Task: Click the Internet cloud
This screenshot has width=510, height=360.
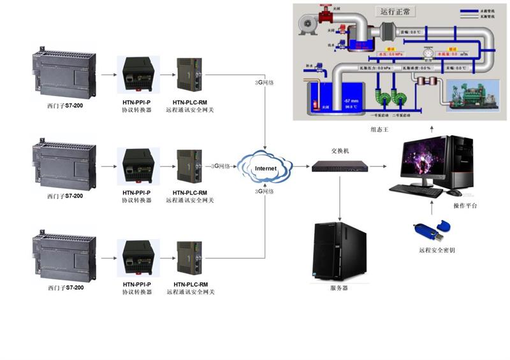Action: point(265,168)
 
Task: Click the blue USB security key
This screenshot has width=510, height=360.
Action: point(433,229)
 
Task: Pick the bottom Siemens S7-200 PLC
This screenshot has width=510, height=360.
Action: point(64,256)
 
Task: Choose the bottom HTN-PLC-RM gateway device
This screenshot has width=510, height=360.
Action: point(189,258)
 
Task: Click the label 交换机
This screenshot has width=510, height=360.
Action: point(340,152)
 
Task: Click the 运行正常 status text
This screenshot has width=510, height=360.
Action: point(396,11)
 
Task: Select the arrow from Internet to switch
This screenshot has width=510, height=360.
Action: point(300,168)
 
